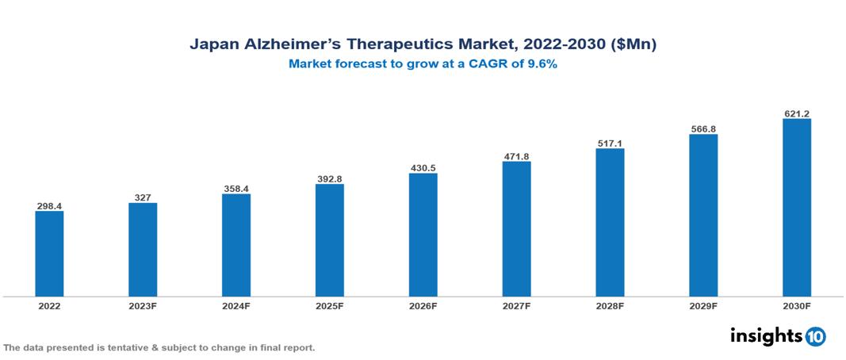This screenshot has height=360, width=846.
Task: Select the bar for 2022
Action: pyautogui.click(x=49, y=254)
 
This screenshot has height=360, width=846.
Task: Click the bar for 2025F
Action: pyautogui.click(x=329, y=240)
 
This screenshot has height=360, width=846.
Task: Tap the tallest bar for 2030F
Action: pyautogui.click(x=796, y=208)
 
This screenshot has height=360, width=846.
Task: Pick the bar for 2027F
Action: pyautogui.click(x=516, y=229)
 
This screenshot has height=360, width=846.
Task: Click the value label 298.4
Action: pyautogui.click(x=49, y=205)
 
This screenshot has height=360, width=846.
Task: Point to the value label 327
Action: pyautogui.click(x=143, y=197)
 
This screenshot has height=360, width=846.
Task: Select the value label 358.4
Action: pyautogui.click(x=236, y=189)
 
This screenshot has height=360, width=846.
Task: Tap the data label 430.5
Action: pyautogui.click(x=423, y=168)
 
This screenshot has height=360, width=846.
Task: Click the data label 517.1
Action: pyautogui.click(x=610, y=144)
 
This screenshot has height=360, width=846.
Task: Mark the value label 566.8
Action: pyautogui.click(x=703, y=129)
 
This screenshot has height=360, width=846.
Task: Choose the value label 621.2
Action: pyautogui.click(x=796, y=113)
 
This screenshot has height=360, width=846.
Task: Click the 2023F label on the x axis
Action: pyautogui.click(x=143, y=305)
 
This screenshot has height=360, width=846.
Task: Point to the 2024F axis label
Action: pyautogui.click(x=236, y=305)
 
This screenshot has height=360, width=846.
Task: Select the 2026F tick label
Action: pyautogui.click(x=423, y=305)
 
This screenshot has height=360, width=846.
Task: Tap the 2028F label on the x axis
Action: pyautogui.click(x=610, y=305)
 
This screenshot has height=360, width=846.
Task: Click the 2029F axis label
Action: pyautogui.click(x=703, y=305)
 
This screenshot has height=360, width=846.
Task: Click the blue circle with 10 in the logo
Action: pyautogui.click(x=815, y=336)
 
